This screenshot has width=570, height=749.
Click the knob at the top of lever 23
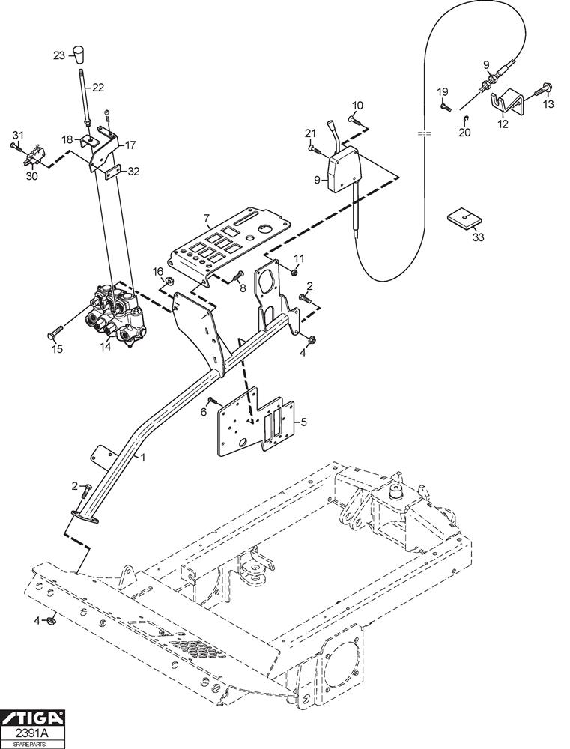(x=80, y=55)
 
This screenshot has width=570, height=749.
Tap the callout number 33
(x=478, y=237)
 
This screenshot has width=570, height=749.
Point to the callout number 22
(x=98, y=87)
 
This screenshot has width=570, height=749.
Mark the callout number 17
(x=130, y=145)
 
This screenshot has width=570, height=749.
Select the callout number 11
(x=299, y=258)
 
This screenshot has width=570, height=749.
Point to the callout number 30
(x=31, y=177)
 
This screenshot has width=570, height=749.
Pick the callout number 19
(x=443, y=91)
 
